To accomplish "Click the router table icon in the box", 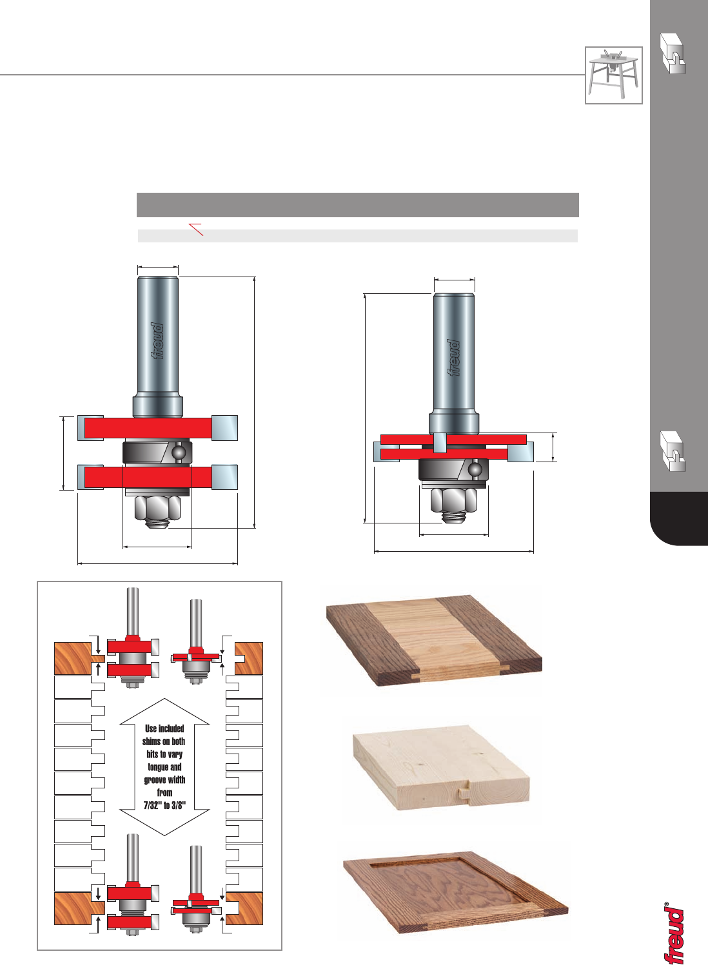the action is (x=613, y=75).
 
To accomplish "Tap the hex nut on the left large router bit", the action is (x=157, y=508).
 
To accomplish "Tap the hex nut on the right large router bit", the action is (x=453, y=500).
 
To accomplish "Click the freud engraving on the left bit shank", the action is (x=158, y=341).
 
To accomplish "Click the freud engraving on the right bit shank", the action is (x=453, y=358).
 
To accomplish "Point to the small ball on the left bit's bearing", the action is (x=178, y=453).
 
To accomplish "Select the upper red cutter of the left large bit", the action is (x=158, y=428).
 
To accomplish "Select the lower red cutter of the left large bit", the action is (x=158, y=477).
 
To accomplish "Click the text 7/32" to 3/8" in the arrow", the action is (x=164, y=805).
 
